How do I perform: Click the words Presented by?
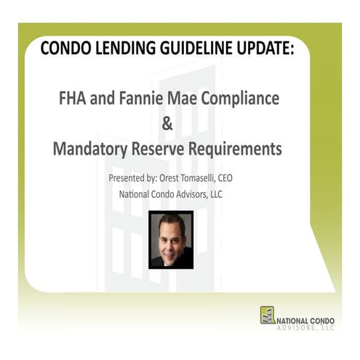click(135, 177)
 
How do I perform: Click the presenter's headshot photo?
click(171, 239)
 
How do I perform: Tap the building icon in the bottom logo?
click(268, 315)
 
